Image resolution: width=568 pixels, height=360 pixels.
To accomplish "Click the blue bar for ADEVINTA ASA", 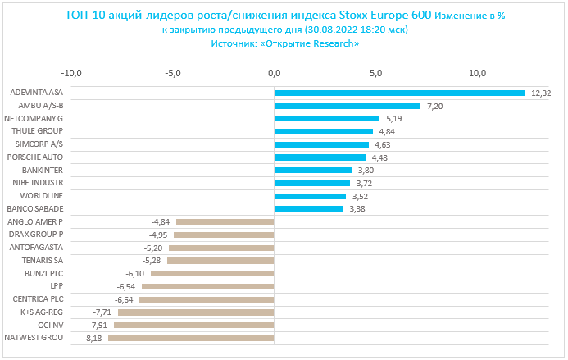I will coord(398,93).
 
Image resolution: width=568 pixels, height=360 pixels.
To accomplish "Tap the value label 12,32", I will coord(541,93).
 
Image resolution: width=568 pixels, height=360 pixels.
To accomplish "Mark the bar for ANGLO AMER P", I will coord(225,222).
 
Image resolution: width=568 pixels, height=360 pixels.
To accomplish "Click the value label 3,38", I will coord(358,209).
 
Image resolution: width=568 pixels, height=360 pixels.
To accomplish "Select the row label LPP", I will coord(56,286).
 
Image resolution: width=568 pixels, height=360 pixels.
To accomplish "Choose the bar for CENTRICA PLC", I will coord(206,299).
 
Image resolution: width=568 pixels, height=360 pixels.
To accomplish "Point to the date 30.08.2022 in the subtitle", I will coord(329,30).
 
